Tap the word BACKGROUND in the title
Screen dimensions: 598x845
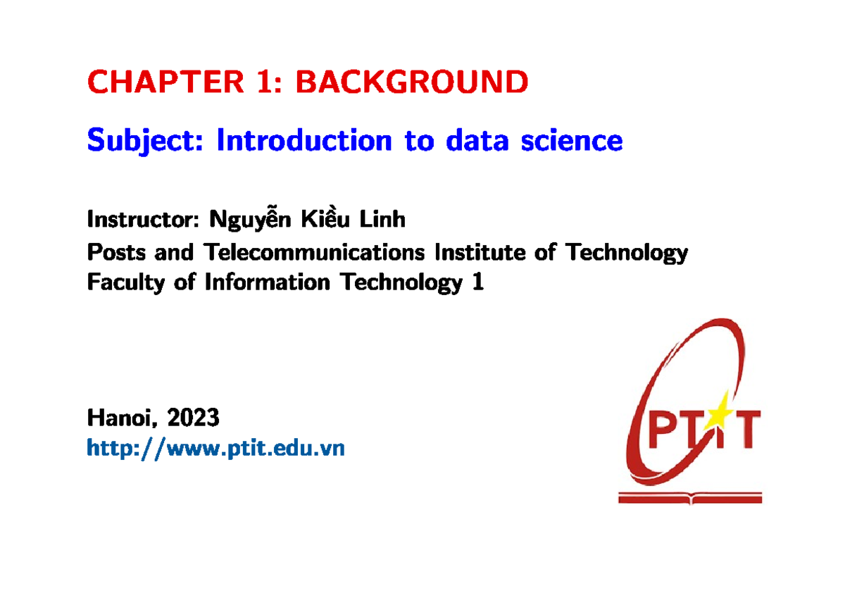(x=411, y=82)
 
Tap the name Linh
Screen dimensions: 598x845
(x=383, y=220)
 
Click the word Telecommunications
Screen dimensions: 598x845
(x=314, y=251)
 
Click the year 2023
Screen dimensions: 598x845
(x=193, y=419)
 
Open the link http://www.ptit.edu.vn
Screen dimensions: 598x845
(x=215, y=448)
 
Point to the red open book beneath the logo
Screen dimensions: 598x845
(x=689, y=497)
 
